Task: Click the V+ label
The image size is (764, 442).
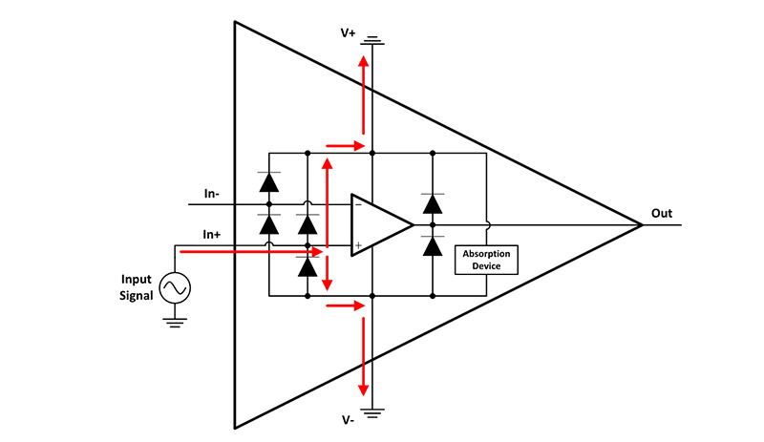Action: coord(348,33)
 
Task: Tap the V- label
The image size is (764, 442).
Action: coord(349,419)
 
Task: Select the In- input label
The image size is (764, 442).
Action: coord(212,194)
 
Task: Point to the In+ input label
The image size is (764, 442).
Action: coord(212,234)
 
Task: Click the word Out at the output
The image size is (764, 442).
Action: coord(662,213)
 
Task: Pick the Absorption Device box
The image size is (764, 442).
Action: coord(488,260)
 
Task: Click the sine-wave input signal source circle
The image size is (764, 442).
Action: coord(175,286)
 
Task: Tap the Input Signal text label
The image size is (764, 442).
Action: coord(137,285)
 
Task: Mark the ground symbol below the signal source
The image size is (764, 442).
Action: coord(175,322)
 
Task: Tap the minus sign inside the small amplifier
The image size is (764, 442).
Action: coord(358,203)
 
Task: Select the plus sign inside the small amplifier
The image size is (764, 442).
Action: coord(358,246)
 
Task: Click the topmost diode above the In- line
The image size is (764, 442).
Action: coord(269,180)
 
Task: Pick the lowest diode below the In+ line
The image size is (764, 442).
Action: coord(308,267)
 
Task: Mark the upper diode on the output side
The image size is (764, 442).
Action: coord(433,202)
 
